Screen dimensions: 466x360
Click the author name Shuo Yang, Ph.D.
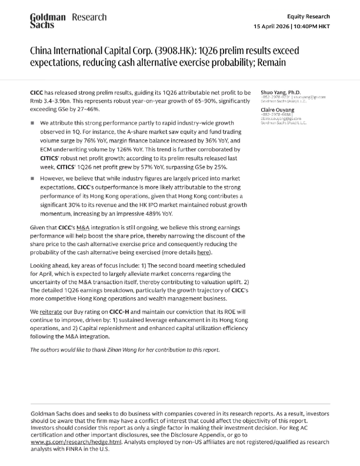tap(280, 92)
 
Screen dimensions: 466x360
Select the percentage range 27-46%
tap(87, 109)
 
